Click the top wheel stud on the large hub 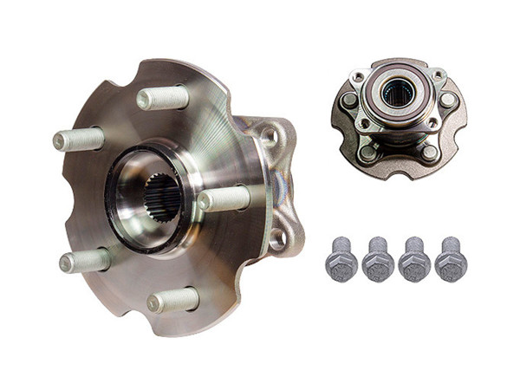pyautogui.click(x=162, y=97)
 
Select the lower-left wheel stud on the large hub pyautogui.click(x=84, y=260)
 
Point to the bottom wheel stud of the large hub pyautogui.click(x=172, y=300)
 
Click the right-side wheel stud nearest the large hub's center pyautogui.click(x=223, y=199)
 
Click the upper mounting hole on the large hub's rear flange pyautogui.click(x=270, y=136)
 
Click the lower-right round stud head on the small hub pyautogui.click(x=430, y=152)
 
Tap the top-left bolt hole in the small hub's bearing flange pyautogui.click(x=359, y=78)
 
